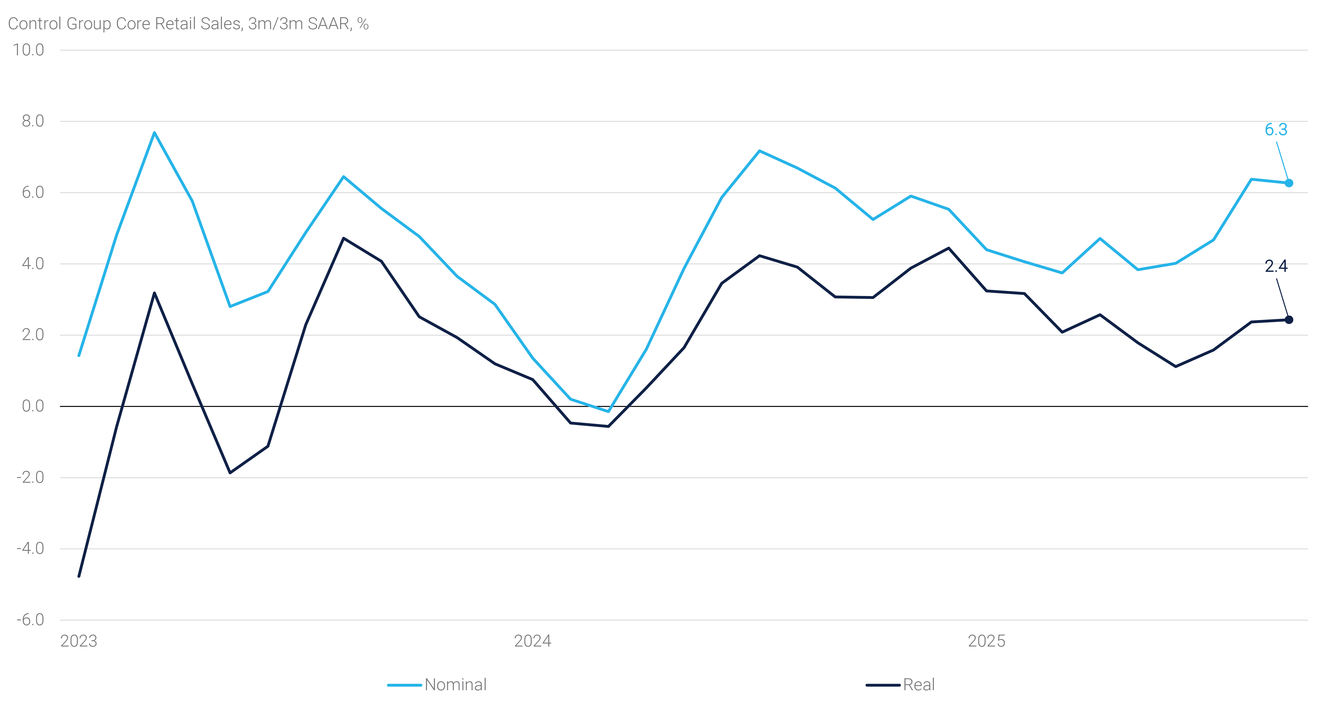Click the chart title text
[x=188, y=23]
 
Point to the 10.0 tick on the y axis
[x=29, y=50]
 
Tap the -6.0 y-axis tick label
[x=30, y=620]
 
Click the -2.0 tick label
[x=30, y=477]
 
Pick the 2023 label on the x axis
[x=79, y=641]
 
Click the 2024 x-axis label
[x=532, y=641]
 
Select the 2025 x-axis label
[x=986, y=641]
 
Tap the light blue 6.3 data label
[x=1276, y=130]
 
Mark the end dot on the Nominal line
[x=1289, y=183]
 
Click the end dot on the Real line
[x=1289, y=320]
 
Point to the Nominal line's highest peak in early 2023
[x=154, y=133]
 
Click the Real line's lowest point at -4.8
[x=79, y=576]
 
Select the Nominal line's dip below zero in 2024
[x=608, y=411]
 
